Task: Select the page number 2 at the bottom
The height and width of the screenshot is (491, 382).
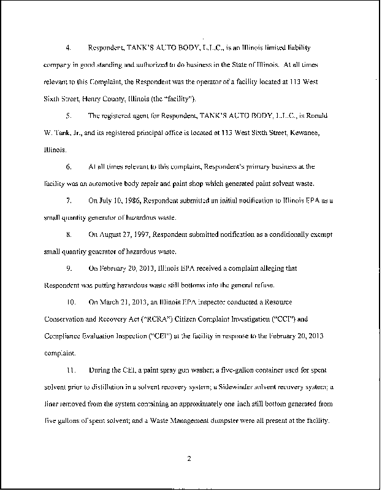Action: click(x=190, y=457)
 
